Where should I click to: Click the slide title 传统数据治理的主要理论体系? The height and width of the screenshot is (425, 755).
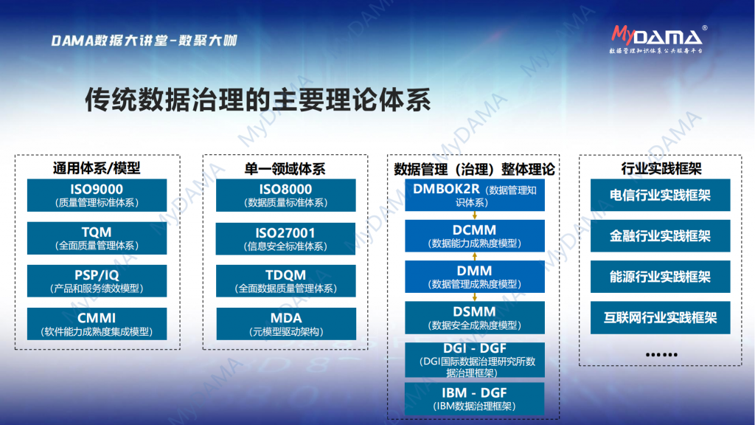(x=257, y=100)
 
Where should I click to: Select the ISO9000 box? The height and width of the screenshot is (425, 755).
(x=97, y=195)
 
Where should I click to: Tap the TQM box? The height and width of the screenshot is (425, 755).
(x=97, y=238)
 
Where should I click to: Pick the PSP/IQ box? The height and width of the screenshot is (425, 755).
(x=97, y=281)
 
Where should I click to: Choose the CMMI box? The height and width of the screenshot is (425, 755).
(x=97, y=324)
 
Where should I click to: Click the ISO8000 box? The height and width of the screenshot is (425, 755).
(x=285, y=195)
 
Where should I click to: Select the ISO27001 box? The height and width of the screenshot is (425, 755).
(x=285, y=238)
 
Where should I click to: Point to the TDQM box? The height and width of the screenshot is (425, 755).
(x=285, y=281)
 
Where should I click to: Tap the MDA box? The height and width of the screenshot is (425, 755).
(x=286, y=324)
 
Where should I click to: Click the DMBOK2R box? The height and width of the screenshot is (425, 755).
(x=475, y=195)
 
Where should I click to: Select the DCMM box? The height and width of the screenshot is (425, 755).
(x=475, y=235)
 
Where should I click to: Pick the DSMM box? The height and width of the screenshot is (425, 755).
(x=475, y=317)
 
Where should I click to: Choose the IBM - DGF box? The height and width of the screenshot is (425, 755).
(x=475, y=399)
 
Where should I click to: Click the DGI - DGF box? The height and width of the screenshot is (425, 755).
(x=475, y=360)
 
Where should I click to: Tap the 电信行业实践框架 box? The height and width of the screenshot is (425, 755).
(x=660, y=195)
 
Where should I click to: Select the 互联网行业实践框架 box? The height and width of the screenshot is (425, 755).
(x=660, y=317)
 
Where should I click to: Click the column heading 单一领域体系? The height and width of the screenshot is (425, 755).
(x=285, y=169)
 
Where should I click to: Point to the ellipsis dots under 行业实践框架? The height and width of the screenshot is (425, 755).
(x=661, y=355)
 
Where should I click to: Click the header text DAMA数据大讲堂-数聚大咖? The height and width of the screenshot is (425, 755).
(x=145, y=41)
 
